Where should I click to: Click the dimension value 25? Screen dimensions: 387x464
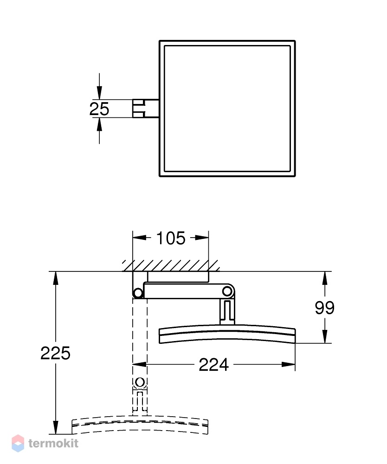[99, 109]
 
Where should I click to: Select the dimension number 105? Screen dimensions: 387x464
[171, 238]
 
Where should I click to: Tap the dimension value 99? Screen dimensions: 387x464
[324, 308]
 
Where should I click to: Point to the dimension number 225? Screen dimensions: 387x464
[55, 353]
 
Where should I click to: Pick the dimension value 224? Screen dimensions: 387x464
[213, 365]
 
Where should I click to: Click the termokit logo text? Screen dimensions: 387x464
[53, 443]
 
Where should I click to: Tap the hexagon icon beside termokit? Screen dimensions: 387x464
[18, 443]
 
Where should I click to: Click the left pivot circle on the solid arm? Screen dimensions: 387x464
[137, 293]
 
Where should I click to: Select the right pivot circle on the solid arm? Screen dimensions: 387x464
[227, 291]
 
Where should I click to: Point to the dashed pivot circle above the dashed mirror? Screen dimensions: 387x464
[140, 382]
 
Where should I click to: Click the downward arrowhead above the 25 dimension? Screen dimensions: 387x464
[99, 93]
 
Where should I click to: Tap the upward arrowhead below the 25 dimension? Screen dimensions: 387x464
[99, 124]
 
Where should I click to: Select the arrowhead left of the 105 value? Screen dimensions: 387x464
[139, 238]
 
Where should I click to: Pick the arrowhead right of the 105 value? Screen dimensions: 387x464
[202, 238]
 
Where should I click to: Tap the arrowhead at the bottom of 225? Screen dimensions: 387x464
[56, 427]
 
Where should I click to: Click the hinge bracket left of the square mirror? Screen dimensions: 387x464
[146, 109]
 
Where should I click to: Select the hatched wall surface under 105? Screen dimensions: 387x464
[171, 266]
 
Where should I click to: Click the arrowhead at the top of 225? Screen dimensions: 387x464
[56, 278]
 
